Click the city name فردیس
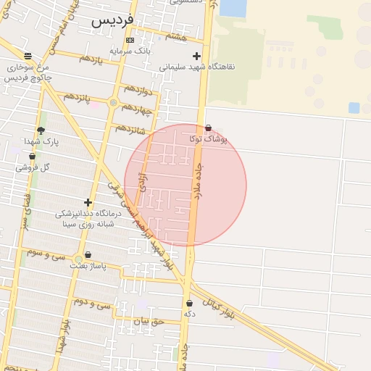coord(112,21)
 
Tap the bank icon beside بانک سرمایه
coord(130,40)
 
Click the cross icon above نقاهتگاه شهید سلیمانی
coord(196,56)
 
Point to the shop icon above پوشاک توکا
coord(209,128)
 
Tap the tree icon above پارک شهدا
coord(41,131)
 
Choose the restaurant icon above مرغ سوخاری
coord(28,56)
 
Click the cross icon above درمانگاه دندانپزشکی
coord(88,203)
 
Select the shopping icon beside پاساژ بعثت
coord(88,255)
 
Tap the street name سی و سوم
coord(46,254)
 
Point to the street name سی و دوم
coord(92,305)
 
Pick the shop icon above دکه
coord(189,304)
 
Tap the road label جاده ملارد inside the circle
coord(198,181)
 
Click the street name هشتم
coord(176,37)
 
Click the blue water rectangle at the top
coord(232,7)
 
